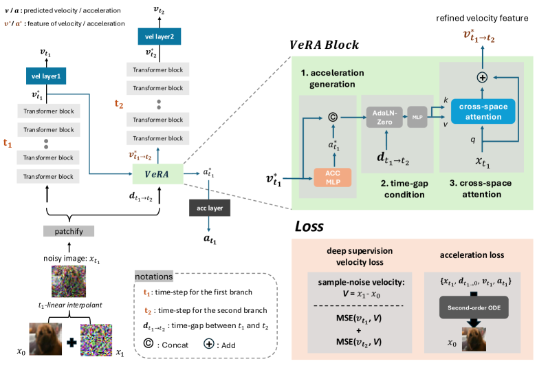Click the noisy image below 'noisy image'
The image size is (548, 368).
click(x=67, y=279)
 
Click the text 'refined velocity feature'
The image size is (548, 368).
click(x=486, y=17)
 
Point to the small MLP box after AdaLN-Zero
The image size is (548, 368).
click(x=417, y=117)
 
